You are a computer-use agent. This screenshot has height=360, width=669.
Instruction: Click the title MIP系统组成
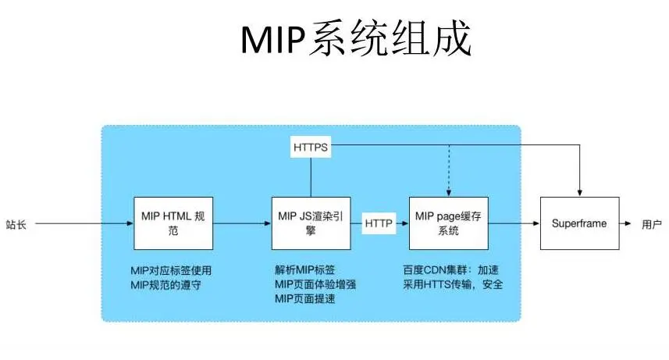[x=355, y=38]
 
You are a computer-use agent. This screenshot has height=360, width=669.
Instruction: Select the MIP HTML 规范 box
[x=173, y=223]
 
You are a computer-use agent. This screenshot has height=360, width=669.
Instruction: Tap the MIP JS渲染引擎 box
[x=310, y=223]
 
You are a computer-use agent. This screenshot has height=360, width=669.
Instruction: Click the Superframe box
[x=579, y=223]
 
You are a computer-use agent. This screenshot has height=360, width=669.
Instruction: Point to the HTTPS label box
[x=310, y=146]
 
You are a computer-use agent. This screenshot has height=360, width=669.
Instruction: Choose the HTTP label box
[x=379, y=223]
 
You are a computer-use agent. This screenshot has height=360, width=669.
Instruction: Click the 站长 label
[x=16, y=224]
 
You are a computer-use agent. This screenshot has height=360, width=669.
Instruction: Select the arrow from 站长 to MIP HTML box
[x=82, y=223]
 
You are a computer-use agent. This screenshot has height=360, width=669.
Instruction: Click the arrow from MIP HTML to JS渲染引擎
[x=241, y=223]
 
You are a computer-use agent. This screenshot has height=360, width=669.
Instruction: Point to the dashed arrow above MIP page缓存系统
[x=448, y=172]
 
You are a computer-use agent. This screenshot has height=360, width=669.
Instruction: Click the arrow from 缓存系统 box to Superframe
[x=514, y=223]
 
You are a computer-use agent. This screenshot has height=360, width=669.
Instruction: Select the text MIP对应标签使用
[x=171, y=270]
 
